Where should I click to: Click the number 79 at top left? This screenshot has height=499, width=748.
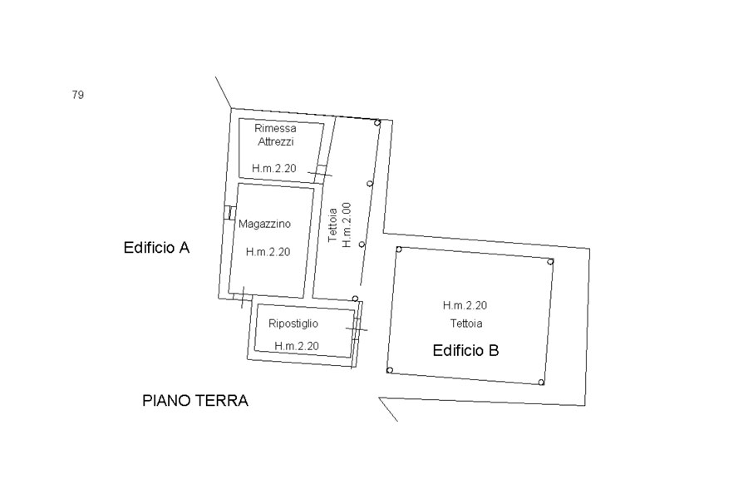pyautogui.click(x=78, y=95)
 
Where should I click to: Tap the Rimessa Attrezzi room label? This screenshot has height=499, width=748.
pyautogui.click(x=275, y=135)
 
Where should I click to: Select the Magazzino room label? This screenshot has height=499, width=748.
pyautogui.click(x=265, y=224)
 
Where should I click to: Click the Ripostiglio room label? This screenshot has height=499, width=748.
pyautogui.click(x=293, y=324)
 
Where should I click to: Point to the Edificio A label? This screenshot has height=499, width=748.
pyautogui.click(x=156, y=247)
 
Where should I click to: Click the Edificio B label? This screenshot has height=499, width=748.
pyautogui.click(x=465, y=350)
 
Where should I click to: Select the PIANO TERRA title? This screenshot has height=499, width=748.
pyautogui.click(x=195, y=400)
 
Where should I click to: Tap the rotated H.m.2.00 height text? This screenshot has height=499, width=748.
pyautogui.click(x=347, y=225)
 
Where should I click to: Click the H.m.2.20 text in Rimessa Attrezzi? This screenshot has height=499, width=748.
pyautogui.click(x=273, y=168)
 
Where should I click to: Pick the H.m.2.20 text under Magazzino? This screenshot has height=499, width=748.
pyautogui.click(x=268, y=252)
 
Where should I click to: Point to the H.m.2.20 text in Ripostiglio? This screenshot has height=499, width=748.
pyautogui.click(x=296, y=346)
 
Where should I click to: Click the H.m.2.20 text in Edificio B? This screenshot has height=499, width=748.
pyautogui.click(x=465, y=305)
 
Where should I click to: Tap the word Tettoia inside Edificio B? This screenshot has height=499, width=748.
pyautogui.click(x=466, y=324)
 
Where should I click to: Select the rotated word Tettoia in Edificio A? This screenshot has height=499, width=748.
pyautogui.click(x=333, y=225)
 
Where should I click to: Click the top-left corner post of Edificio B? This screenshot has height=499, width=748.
pyautogui.click(x=399, y=249)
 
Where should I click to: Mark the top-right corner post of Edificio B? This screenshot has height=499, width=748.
pyautogui.click(x=550, y=262)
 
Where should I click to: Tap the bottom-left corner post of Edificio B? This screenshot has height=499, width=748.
pyautogui.click(x=390, y=371)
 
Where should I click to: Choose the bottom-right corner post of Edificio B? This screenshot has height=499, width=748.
pyautogui.click(x=541, y=383)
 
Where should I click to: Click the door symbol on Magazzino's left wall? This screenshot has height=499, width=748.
pyautogui.click(x=229, y=213)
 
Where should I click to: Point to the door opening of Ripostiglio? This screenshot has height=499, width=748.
pyautogui.click(x=357, y=329)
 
